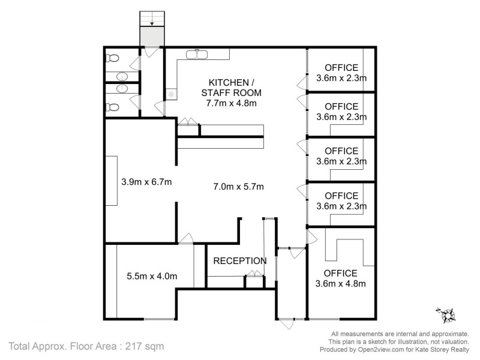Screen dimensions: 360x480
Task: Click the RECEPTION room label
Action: point(240,261)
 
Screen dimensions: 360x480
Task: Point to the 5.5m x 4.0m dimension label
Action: point(152,277)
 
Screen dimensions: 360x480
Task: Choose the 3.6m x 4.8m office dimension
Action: point(341,284)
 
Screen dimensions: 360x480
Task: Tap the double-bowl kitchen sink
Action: point(196,55)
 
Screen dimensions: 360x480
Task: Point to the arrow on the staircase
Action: point(152,24)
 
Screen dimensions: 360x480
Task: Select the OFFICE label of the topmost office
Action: point(341,68)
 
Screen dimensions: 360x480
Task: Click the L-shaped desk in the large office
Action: point(337,250)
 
